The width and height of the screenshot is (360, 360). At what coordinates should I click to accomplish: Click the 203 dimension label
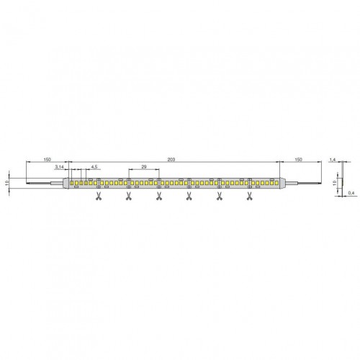click(171, 160)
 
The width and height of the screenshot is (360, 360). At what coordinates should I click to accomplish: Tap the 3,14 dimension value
click(59, 167)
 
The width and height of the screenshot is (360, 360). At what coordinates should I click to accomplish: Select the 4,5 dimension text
click(94, 167)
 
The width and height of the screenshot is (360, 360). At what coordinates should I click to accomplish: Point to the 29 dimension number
click(144, 166)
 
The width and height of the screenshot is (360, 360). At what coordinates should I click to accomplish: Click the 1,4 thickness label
click(333, 160)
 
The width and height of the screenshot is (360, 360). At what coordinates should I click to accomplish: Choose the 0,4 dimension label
click(352, 193)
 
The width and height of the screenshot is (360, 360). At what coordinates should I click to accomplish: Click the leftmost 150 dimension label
click(47, 160)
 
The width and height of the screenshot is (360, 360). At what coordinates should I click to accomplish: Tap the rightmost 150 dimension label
click(298, 160)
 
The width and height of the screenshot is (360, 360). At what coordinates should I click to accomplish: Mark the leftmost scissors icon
click(98, 197)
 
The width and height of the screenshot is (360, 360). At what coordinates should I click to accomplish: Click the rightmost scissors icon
click(249, 197)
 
